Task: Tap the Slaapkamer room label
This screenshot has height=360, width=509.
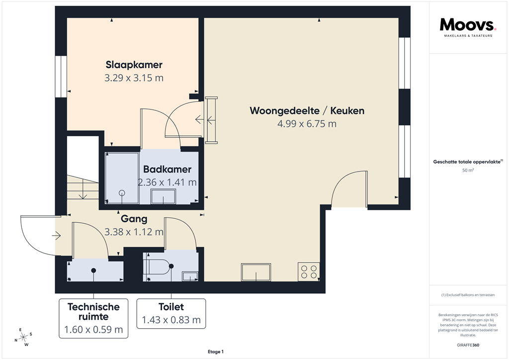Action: [x=134, y=65]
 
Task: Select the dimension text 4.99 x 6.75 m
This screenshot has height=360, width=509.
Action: [x=307, y=124]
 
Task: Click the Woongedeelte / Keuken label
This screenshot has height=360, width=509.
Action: [x=307, y=110]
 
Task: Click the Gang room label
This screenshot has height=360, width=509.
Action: [x=134, y=218]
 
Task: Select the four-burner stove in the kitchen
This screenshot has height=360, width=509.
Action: [x=308, y=271]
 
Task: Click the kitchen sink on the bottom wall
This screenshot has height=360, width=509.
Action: [x=256, y=272]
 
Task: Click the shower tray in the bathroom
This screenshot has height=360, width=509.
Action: [x=122, y=178]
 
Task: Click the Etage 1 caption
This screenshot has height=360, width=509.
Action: [x=216, y=352]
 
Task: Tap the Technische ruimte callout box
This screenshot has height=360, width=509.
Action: [x=93, y=318]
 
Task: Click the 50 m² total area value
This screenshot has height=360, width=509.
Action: [x=467, y=171]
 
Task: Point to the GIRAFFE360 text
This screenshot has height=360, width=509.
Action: [x=468, y=345]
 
